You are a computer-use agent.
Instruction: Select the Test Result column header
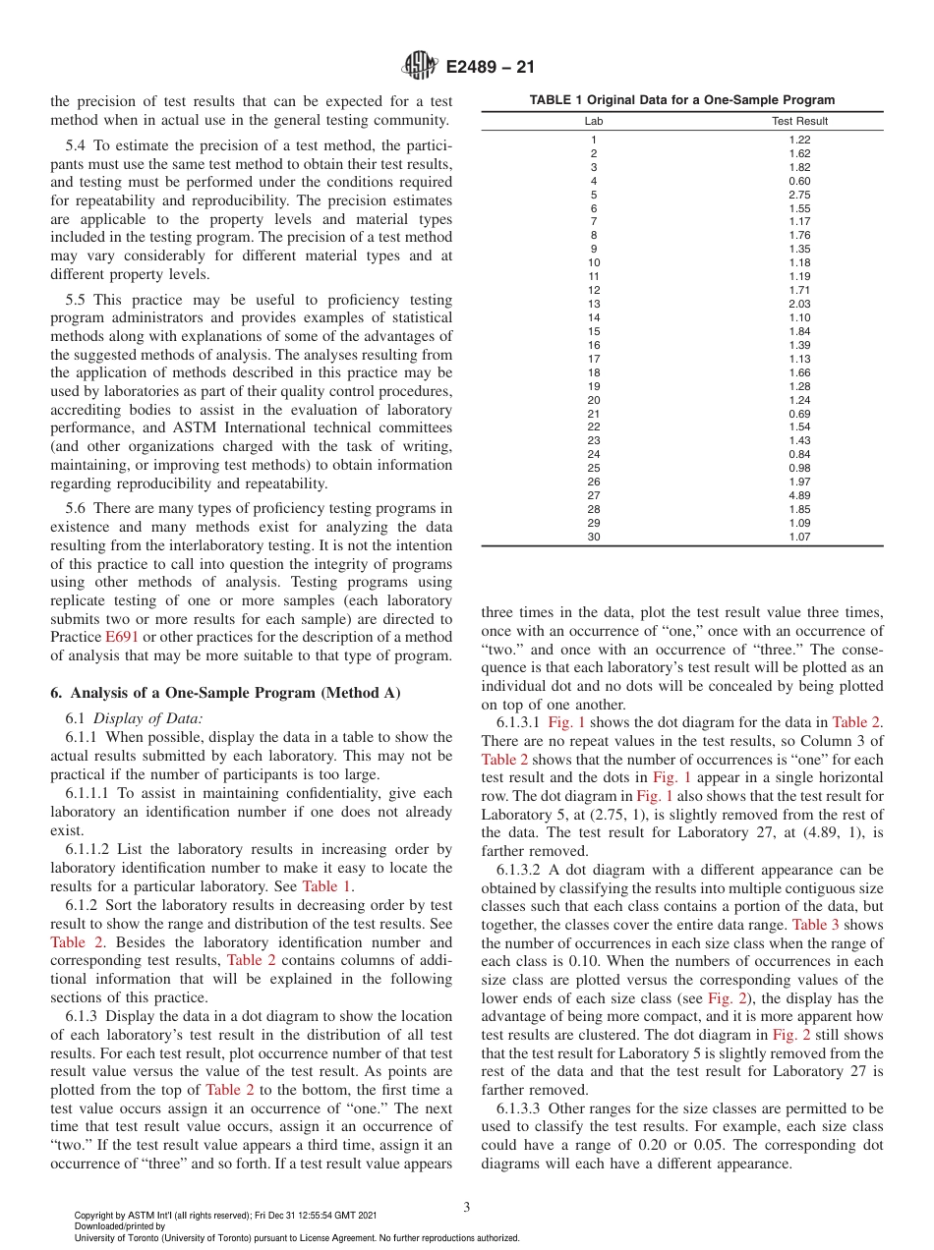800,121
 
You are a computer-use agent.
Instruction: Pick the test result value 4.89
799,496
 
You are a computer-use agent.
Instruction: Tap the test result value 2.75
799,195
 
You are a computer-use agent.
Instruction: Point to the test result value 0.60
799,181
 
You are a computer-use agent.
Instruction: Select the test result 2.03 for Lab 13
799,305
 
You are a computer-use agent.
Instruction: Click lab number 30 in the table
593,538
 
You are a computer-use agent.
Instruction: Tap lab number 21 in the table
593,414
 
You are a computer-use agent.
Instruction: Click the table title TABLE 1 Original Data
682,99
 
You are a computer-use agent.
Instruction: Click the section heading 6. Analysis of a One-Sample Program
225,692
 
